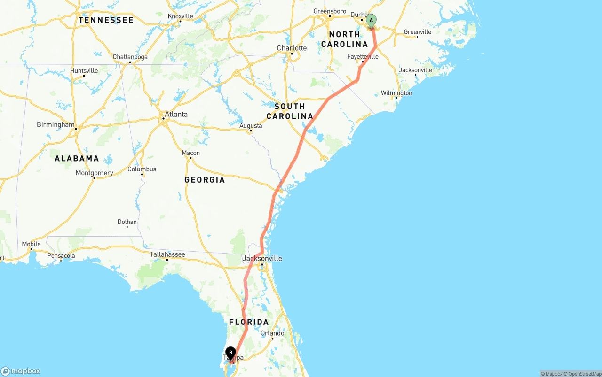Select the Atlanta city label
click(176, 114)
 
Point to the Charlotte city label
click(292, 48)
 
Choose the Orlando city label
click(272, 333)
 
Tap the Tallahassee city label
click(167, 254)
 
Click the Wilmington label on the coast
click(396, 93)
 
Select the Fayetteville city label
click(363, 57)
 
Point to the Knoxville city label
click(180, 16)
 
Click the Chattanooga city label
click(130, 57)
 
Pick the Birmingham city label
click(55, 125)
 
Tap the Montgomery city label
click(94, 173)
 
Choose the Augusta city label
click(251, 126)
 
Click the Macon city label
click(190, 153)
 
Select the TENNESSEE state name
click(106, 20)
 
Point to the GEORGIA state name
click(205, 180)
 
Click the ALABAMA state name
click(77, 159)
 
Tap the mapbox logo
click(21, 371)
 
